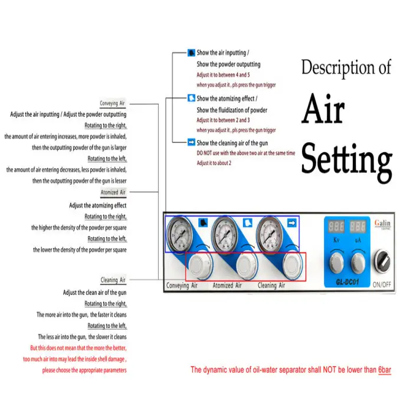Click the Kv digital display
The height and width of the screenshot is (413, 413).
point(336,227)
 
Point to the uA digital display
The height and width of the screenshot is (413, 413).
point(358,227)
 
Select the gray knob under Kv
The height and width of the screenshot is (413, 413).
point(336,261)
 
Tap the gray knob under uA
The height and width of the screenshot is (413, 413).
point(358,261)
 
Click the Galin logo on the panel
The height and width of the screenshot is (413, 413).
point(382,224)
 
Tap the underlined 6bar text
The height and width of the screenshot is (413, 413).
point(385,371)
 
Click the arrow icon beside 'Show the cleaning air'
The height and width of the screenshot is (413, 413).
point(192,143)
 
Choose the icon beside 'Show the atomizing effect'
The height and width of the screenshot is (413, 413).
point(192,99)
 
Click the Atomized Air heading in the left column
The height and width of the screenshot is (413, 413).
point(113,192)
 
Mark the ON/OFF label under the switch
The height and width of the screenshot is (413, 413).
point(382,284)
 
